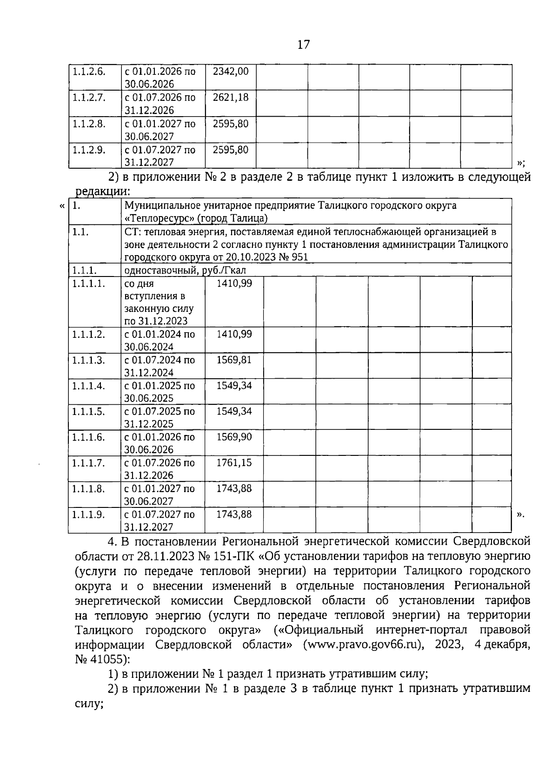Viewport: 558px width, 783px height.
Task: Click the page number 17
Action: (x=303, y=45)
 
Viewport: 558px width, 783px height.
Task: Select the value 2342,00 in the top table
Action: (x=231, y=72)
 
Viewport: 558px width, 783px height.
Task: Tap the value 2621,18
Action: (x=231, y=98)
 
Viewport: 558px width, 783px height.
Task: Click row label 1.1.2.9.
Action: (x=89, y=150)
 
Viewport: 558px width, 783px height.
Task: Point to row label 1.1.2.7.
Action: (x=89, y=98)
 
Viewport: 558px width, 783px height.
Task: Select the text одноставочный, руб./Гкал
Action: (x=185, y=270)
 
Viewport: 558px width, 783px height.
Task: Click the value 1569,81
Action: (x=234, y=360)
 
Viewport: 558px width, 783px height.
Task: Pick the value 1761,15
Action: (x=234, y=463)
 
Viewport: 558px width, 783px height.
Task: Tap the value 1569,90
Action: (x=234, y=437)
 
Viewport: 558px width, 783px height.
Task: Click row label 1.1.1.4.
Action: (x=89, y=386)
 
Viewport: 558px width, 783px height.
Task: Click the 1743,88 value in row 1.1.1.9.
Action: (x=234, y=514)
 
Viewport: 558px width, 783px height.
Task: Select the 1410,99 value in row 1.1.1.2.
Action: (x=234, y=334)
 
